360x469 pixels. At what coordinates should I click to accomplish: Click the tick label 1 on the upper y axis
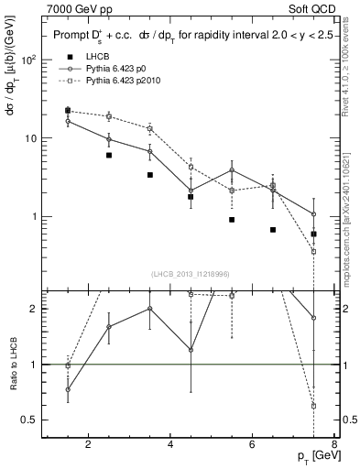(x=34, y=217)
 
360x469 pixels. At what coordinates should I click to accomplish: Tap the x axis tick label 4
(x=171, y=446)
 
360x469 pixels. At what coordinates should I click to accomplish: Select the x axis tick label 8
(x=335, y=446)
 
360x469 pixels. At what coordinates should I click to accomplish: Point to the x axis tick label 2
(x=88, y=446)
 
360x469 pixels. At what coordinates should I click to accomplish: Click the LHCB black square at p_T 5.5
(x=232, y=220)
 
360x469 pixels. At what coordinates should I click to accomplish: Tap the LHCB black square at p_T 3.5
(x=149, y=175)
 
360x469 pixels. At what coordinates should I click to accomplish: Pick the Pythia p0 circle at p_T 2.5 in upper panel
(x=109, y=139)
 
